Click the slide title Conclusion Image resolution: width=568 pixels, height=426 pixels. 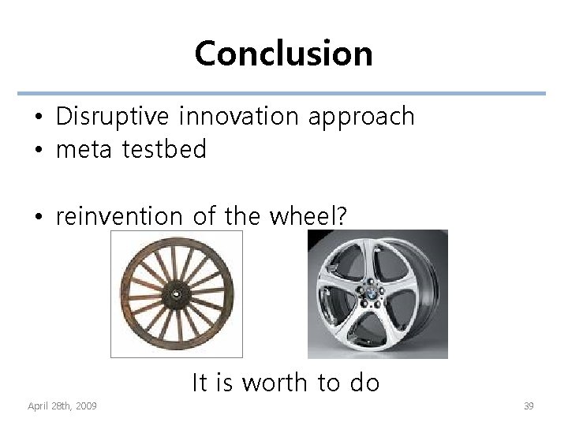pos(283,54)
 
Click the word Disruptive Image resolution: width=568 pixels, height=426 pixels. pos(112,117)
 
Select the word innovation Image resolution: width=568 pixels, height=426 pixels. pos(238,117)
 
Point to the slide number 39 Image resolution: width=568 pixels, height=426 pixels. pos(529,405)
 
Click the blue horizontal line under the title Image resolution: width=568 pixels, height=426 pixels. pos(283,93)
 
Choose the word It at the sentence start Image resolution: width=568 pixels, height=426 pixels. pos(200,383)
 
